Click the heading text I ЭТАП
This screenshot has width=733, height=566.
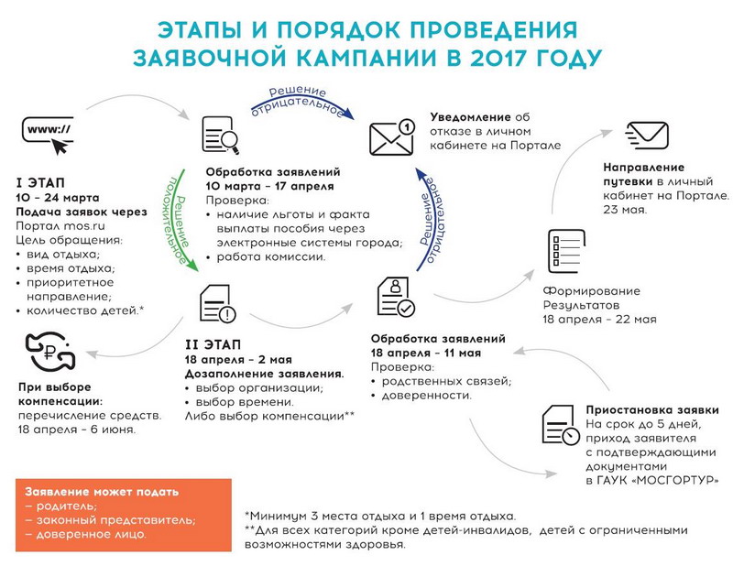(x=42, y=182)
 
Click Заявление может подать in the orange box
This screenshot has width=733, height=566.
(x=102, y=492)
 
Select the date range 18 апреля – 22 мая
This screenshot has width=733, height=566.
(x=600, y=319)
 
